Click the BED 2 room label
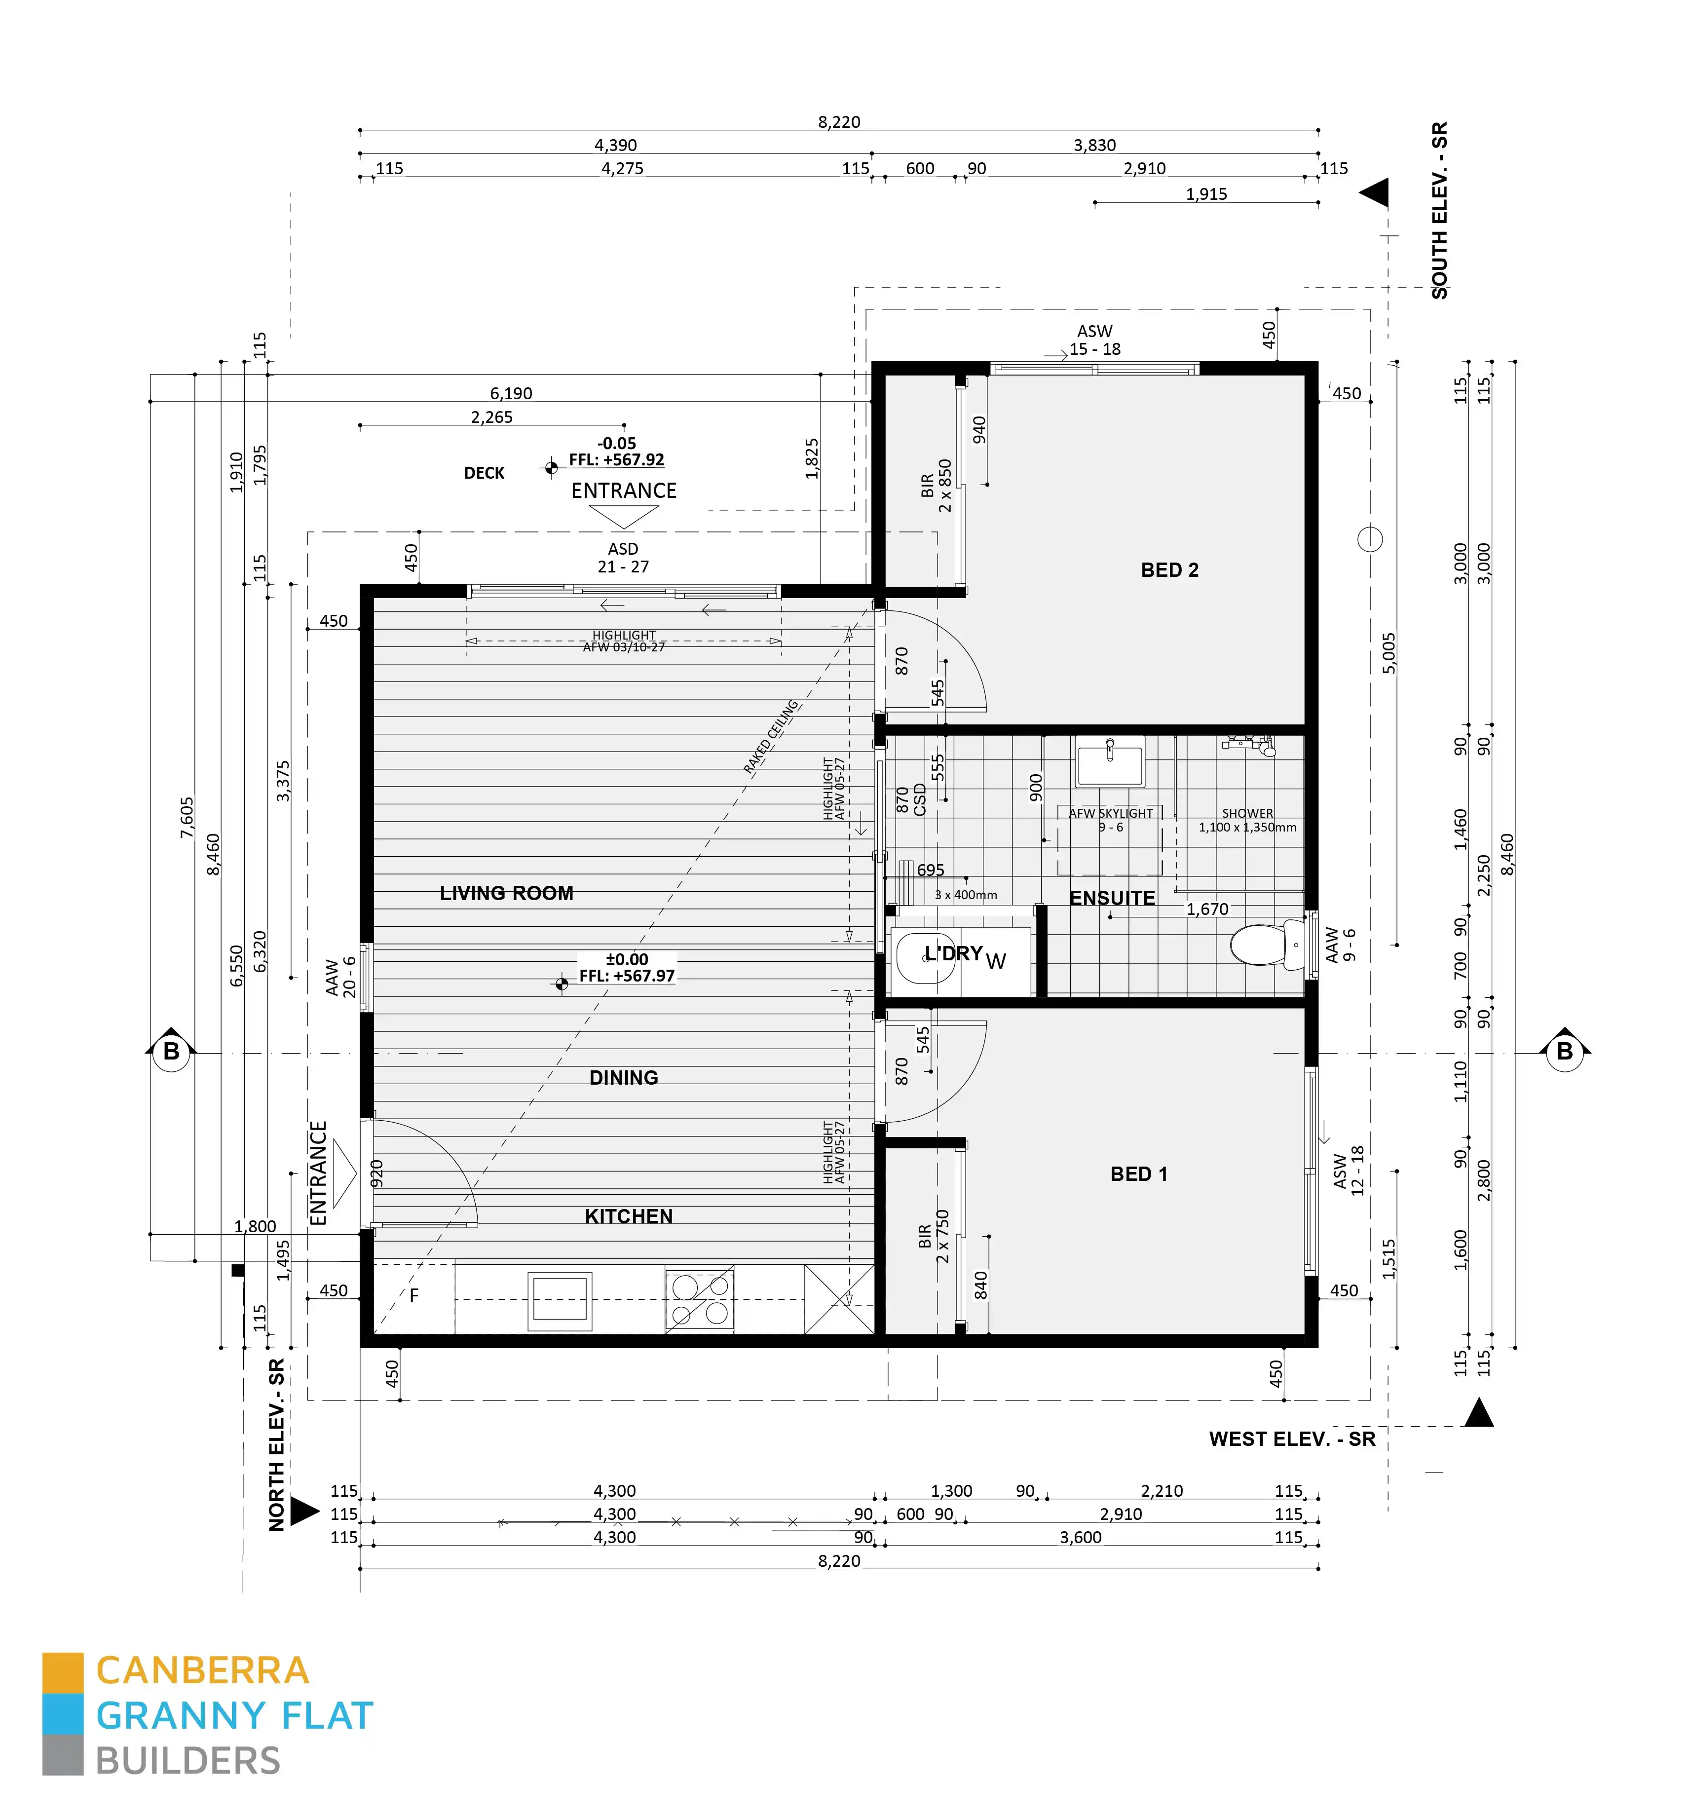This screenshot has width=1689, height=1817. pos(1169,570)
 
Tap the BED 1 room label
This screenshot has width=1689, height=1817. pos(1138,1174)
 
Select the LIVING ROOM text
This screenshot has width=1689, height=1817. pos(506,894)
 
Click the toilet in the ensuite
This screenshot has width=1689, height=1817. pos(1265,945)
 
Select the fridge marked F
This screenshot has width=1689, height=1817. pos(414,1296)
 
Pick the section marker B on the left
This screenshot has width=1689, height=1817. pos(171,1052)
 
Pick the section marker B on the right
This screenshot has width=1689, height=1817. pos(1565,1052)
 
